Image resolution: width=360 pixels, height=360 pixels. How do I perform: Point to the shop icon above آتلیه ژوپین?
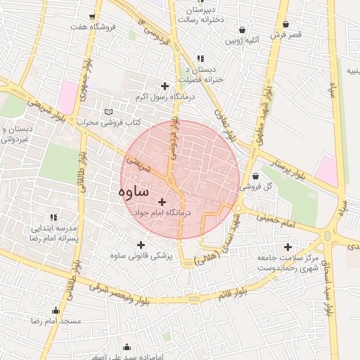click(x=243, y=30)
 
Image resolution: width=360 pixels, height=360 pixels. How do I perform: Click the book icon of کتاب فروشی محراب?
click(x=108, y=111)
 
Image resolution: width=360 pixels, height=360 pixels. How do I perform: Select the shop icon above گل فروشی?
click(x=255, y=176)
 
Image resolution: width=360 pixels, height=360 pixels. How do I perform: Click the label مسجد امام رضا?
click(x=56, y=321)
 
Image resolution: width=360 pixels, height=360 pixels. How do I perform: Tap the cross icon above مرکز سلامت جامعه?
click(x=288, y=247)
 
